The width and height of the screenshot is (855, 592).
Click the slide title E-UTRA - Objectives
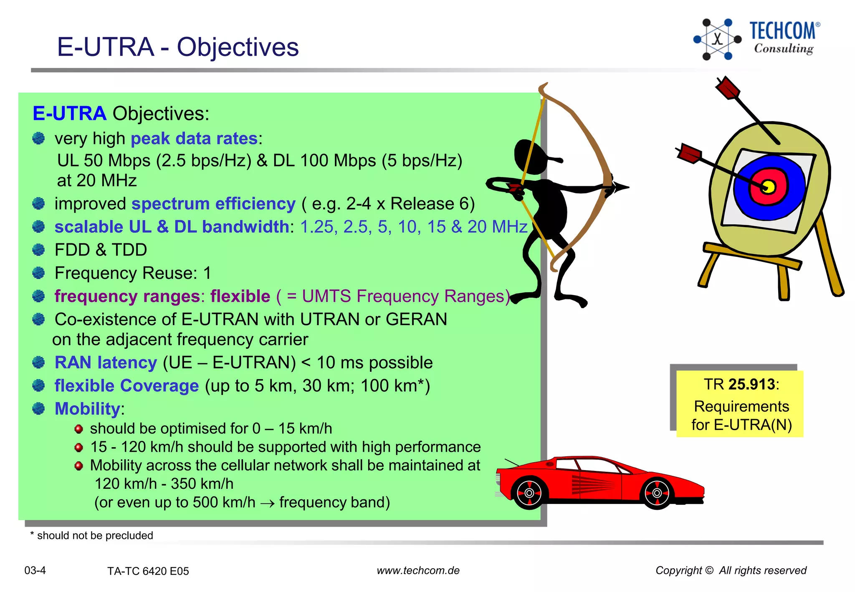pyautogui.click(x=178, y=47)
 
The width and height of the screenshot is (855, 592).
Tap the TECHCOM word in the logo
pyautogui.click(x=782, y=31)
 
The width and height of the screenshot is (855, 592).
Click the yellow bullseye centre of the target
pyautogui.click(x=769, y=186)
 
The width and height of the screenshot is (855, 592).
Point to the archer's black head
pyautogui.click(x=530, y=157)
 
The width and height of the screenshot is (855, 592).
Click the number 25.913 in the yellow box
pyautogui.click(x=752, y=385)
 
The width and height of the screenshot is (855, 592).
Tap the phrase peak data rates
pyautogui.click(x=194, y=139)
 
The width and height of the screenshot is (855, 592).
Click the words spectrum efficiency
pyautogui.click(x=213, y=204)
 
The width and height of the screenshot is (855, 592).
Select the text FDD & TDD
pyautogui.click(x=101, y=250)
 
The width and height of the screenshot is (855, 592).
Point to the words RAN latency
pyautogui.click(x=106, y=362)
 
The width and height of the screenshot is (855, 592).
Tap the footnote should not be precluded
pyautogui.click(x=95, y=536)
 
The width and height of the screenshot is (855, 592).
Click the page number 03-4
pyautogui.click(x=35, y=570)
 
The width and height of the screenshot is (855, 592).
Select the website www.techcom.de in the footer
pyautogui.click(x=418, y=571)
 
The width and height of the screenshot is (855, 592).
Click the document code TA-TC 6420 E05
pyautogui.click(x=148, y=571)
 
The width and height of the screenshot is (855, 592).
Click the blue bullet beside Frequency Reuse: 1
pyautogui.click(x=38, y=273)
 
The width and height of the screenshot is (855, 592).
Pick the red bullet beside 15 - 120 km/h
pyautogui.click(x=78, y=448)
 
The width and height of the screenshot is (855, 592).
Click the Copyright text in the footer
pyautogui.click(x=731, y=570)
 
